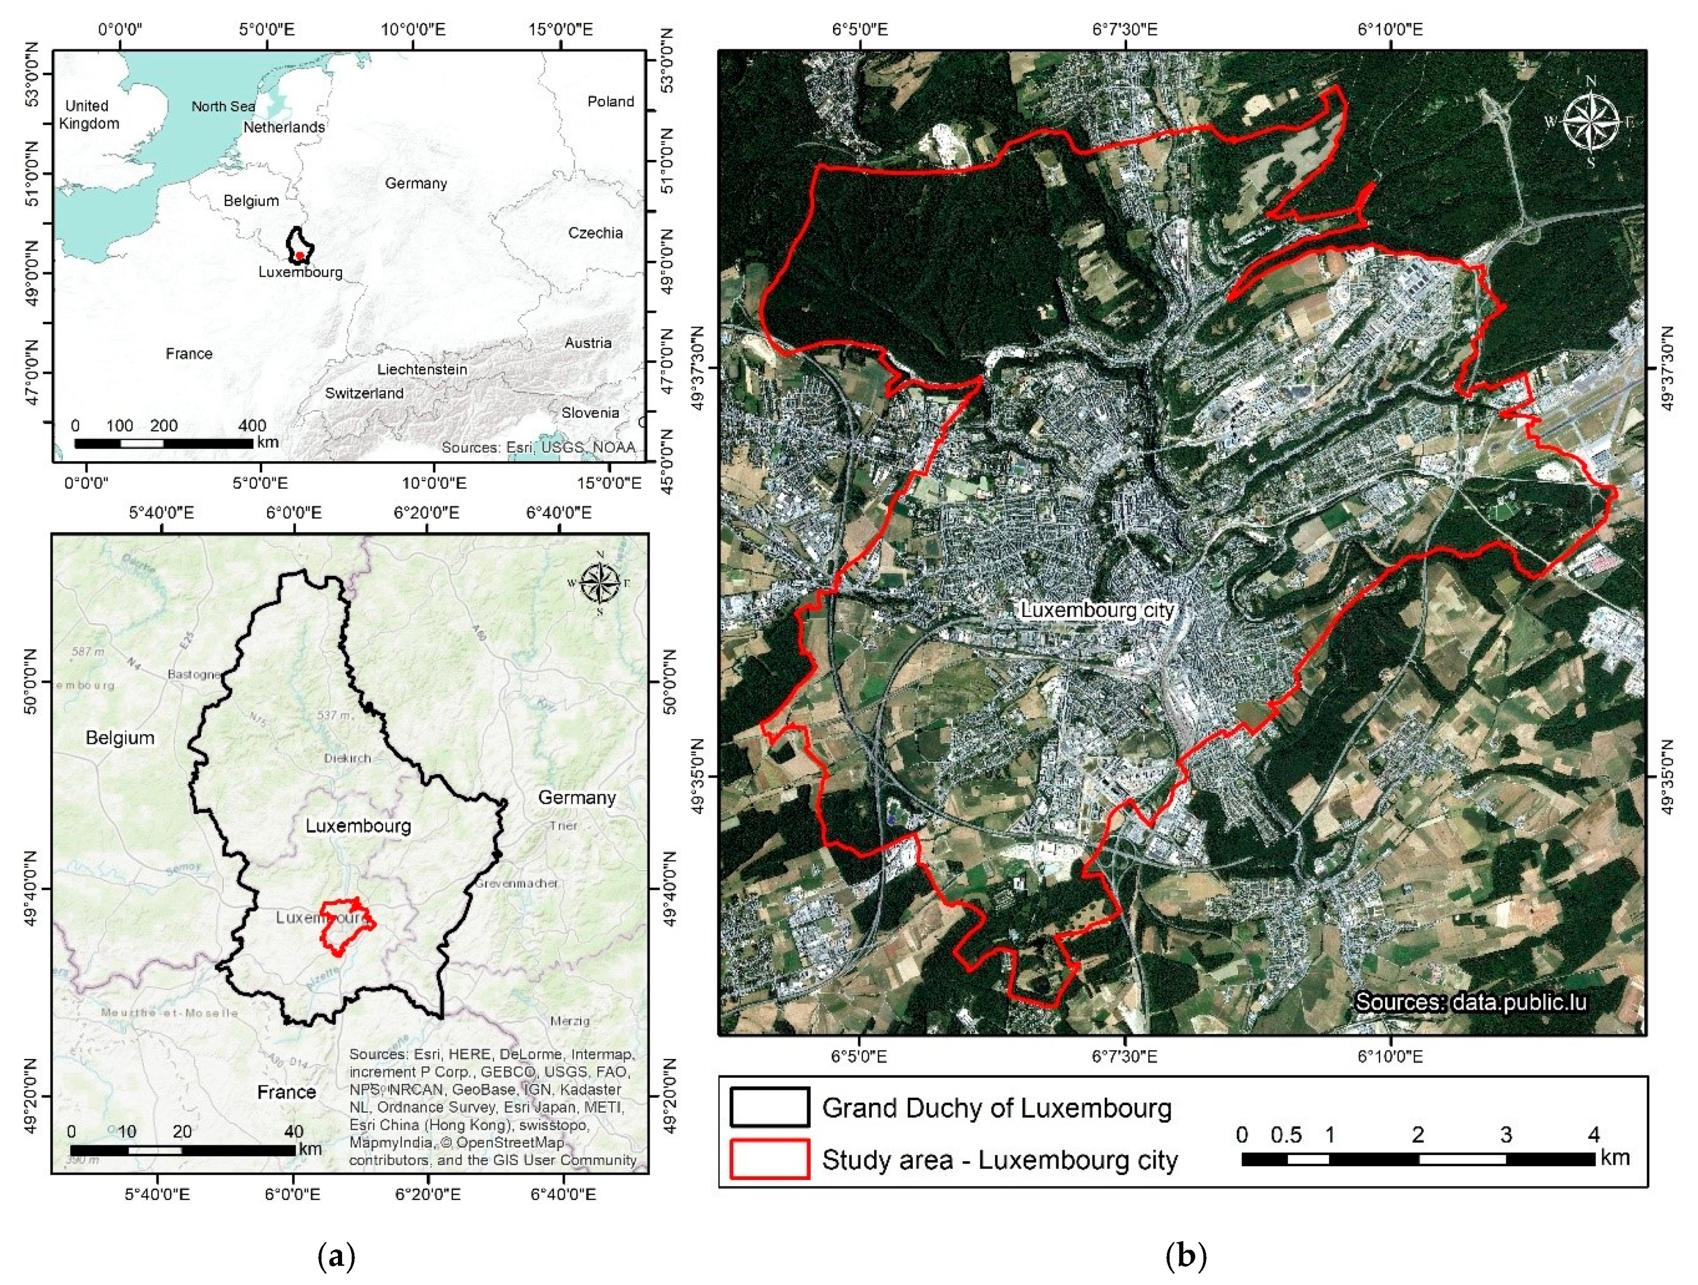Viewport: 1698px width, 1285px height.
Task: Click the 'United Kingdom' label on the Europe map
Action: click(x=89, y=114)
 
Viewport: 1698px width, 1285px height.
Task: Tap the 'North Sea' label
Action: click(x=223, y=107)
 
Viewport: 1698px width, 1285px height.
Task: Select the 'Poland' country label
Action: click(x=610, y=101)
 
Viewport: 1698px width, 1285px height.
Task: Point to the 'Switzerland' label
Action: click(x=364, y=393)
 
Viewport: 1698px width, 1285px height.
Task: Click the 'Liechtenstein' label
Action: click(x=421, y=369)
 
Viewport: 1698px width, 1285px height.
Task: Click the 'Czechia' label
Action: click(x=595, y=232)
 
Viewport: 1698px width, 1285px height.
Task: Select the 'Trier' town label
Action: click(x=563, y=826)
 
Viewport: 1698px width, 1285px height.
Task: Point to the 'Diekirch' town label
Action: click(x=347, y=758)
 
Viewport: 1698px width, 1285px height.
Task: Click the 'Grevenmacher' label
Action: click(x=516, y=884)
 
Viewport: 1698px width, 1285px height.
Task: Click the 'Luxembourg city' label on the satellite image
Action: click(x=1097, y=610)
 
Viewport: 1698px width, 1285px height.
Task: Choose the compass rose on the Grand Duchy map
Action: click(x=599, y=583)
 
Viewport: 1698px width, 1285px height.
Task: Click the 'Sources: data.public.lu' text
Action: click(x=1470, y=1002)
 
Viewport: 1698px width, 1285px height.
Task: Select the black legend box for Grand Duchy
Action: click(x=769, y=1107)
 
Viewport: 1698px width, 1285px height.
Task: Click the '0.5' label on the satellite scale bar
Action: click(x=1286, y=1134)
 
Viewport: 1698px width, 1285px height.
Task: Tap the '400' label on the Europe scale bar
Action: click(x=252, y=425)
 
